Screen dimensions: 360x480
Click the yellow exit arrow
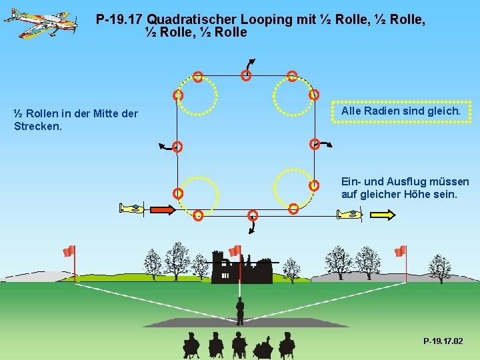pyautogui.click(x=382, y=214)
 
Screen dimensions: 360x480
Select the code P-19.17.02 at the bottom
pyautogui.click(x=442, y=341)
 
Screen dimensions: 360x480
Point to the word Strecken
pyautogui.click(x=37, y=125)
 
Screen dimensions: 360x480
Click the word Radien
pyautogui.click(x=386, y=111)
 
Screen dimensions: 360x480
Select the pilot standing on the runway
pyautogui.click(x=239, y=311)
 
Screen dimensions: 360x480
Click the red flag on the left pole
pyautogui.click(x=69, y=251)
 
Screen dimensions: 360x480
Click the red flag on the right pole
pyautogui.click(x=400, y=251)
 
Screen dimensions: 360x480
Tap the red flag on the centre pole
pyautogui.click(x=235, y=251)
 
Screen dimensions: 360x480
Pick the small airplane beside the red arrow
pyautogui.click(x=131, y=209)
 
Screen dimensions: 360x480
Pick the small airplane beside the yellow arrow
pyautogui.click(x=349, y=214)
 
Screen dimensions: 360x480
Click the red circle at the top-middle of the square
pyautogui.click(x=245, y=76)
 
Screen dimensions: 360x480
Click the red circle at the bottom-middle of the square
pyautogui.click(x=252, y=215)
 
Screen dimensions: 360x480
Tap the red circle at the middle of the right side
pyautogui.click(x=314, y=144)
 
